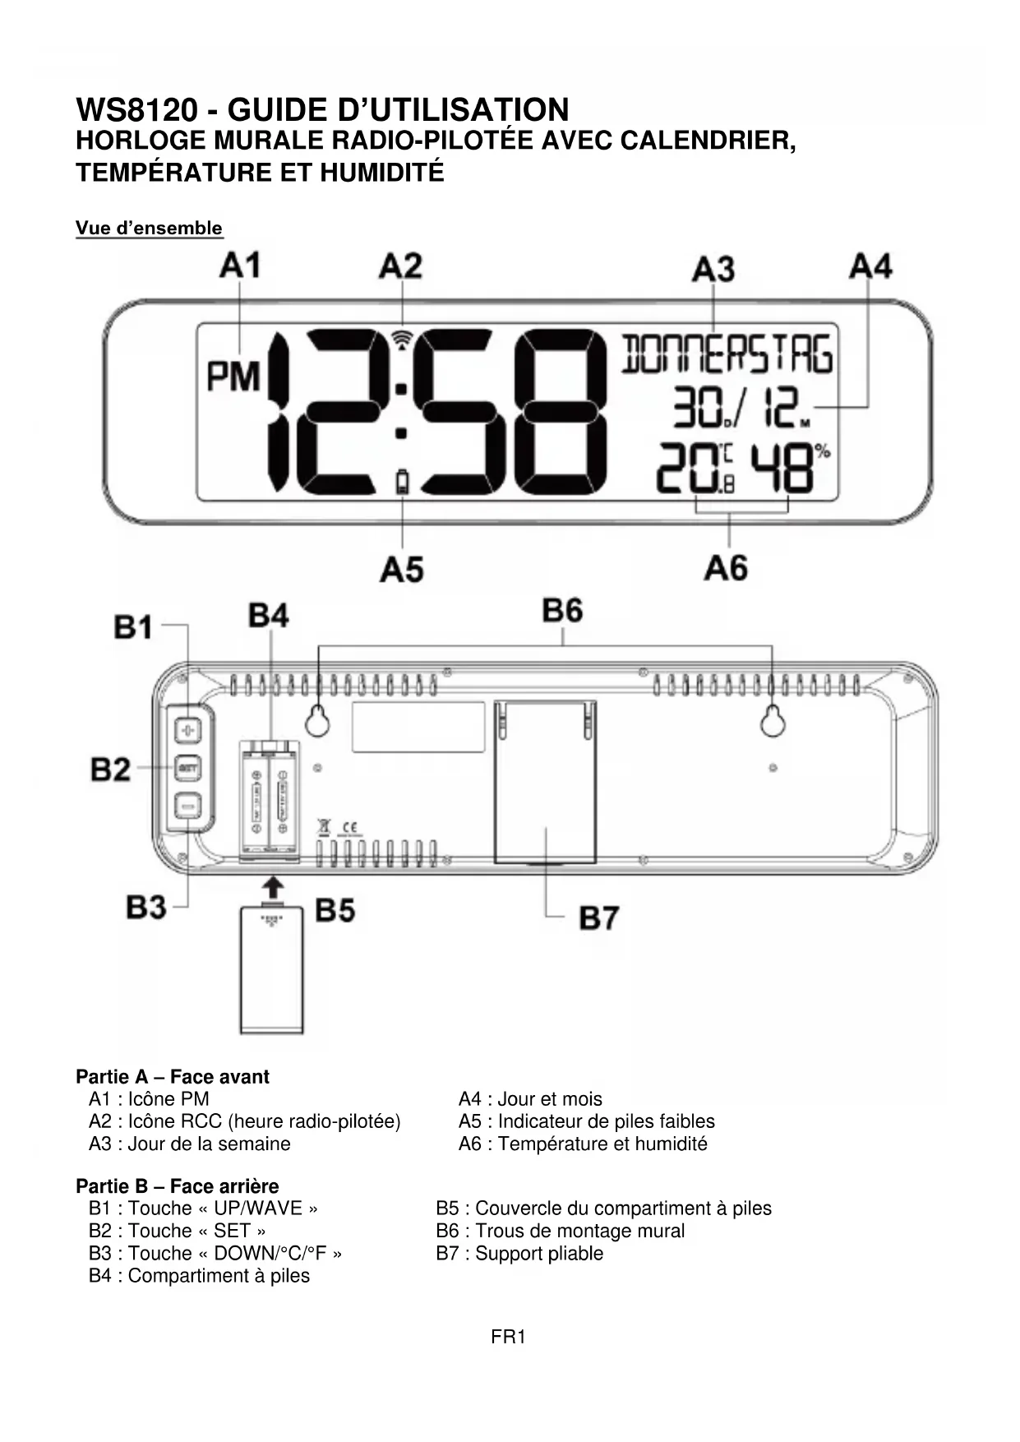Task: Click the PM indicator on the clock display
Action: (233, 377)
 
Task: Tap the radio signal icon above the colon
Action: (402, 340)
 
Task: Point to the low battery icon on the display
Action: (402, 481)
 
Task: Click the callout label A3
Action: (713, 270)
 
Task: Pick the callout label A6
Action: (726, 568)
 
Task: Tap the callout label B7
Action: (599, 917)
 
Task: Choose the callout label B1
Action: (134, 627)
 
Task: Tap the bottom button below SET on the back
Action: (189, 806)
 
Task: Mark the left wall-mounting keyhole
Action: (318, 721)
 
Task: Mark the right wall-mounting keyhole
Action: (772, 721)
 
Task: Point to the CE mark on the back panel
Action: (349, 827)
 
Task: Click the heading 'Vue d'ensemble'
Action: (149, 228)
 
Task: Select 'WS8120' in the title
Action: (137, 110)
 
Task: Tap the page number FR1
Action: (508, 1337)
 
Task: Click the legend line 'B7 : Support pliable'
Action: (519, 1253)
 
